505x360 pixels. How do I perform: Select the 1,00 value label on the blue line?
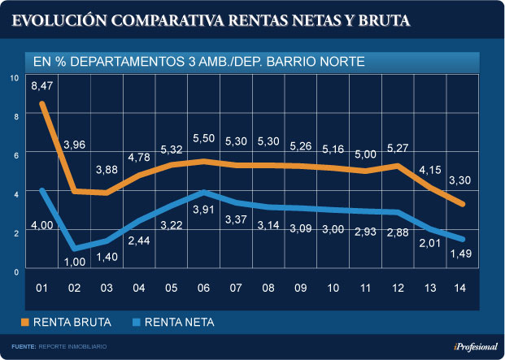76,262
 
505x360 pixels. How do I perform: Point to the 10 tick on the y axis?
13,78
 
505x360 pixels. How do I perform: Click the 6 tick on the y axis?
14,155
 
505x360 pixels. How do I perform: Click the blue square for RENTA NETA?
136,323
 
